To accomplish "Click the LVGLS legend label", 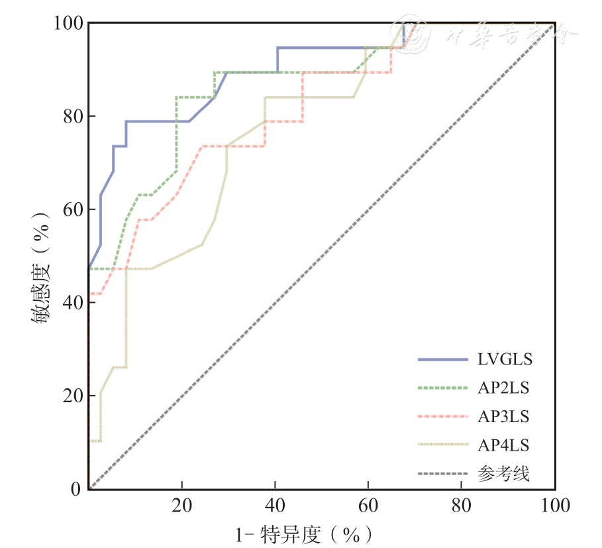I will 505,360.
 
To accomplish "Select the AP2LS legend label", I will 503,388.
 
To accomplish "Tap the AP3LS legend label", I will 503,416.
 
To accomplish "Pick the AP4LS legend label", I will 503,445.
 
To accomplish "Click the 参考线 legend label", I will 503,474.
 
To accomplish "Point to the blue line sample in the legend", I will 442,360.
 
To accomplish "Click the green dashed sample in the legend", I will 442,388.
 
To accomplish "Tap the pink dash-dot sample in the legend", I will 442,417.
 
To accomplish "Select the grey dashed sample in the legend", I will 442,474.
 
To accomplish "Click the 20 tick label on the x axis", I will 182,506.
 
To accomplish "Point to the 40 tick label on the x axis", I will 276,506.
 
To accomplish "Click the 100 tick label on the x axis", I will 555,506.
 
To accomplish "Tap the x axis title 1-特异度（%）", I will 302,533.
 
